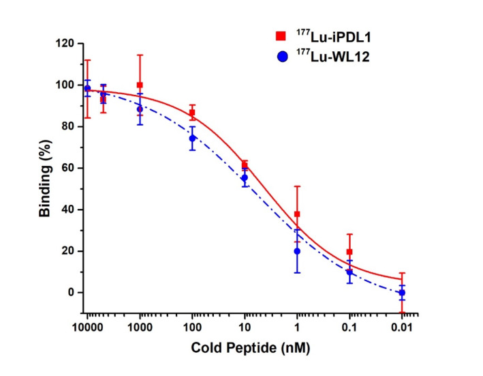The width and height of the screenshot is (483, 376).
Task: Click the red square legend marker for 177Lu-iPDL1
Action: (x=280, y=35)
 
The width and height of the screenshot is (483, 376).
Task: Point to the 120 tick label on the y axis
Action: (x=65, y=44)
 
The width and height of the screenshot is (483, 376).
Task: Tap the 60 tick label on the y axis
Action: (x=68, y=168)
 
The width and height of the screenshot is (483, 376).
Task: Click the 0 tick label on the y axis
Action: (x=71, y=293)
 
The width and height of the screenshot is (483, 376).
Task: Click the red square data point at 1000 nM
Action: (x=140, y=85)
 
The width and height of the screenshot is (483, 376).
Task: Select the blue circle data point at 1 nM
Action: (x=297, y=251)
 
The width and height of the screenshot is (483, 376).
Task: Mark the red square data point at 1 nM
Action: (x=297, y=214)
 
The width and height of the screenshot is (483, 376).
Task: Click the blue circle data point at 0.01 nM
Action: (x=402, y=292)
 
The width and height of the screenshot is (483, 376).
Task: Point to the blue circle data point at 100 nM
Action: (x=192, y=138)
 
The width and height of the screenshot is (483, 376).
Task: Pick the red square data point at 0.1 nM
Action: (x=349, y=252)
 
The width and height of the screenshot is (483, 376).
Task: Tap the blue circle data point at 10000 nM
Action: (x=87, y=88)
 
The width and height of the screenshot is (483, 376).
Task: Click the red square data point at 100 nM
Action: (x=192, y=113)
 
